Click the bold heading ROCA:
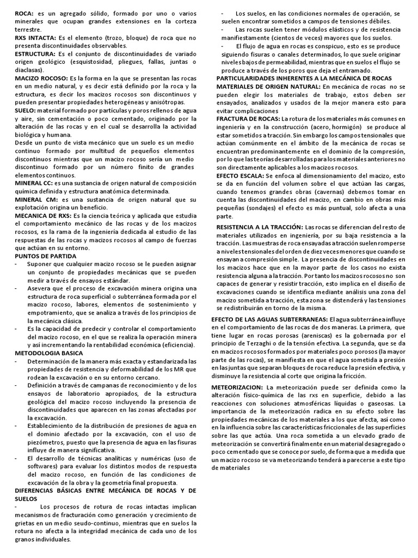(24, 13)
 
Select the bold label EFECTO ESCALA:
(239, 176)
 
